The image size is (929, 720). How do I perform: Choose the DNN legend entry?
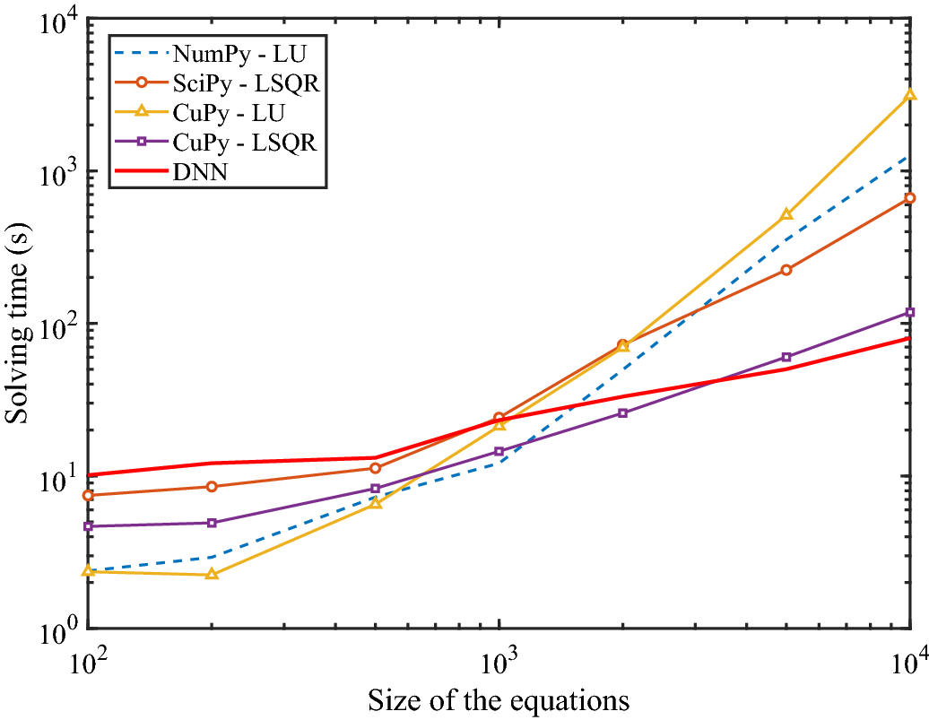[x=201, y=173]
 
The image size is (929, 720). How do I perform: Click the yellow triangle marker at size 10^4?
[x=909, y=94]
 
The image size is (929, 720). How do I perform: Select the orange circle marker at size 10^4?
[x=909, y=198]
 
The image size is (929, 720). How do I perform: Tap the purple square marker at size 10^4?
[x=909, y=313]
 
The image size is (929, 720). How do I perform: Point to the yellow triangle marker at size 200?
[x=212, y=574]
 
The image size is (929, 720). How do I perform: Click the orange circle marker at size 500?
[x=376, y=468]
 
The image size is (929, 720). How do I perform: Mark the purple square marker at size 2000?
[x=623, y=413]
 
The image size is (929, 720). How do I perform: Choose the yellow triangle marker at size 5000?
[x=786, y=214]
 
